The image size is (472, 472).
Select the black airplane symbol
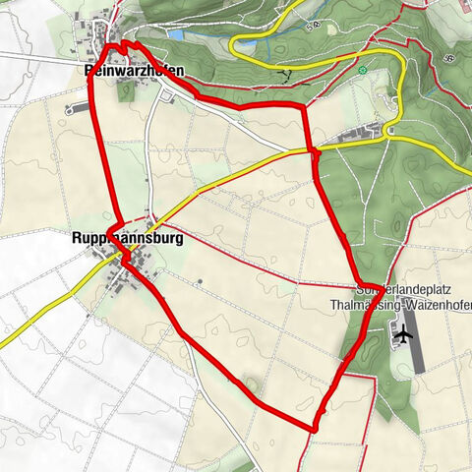(402, 335)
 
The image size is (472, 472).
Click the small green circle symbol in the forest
(363, 71)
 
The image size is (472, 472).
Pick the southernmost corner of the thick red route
(313, 430)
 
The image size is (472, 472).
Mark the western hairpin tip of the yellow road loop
(233, 45)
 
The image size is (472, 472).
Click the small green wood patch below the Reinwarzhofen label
(126, 91)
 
